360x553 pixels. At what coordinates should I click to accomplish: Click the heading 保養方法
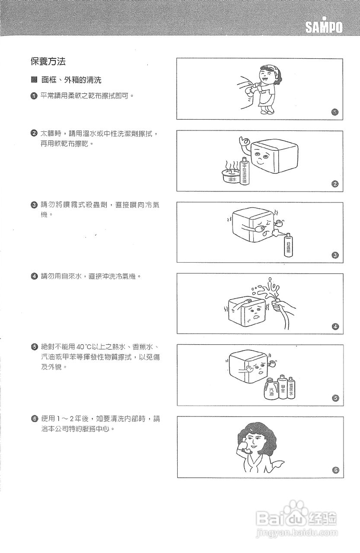tap(48, 62)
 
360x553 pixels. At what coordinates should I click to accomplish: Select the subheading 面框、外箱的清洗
tap(71, 80)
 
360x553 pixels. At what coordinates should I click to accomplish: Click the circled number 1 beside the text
tap(34, 96)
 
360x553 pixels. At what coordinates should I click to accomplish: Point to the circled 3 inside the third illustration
tap(335, 255)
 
